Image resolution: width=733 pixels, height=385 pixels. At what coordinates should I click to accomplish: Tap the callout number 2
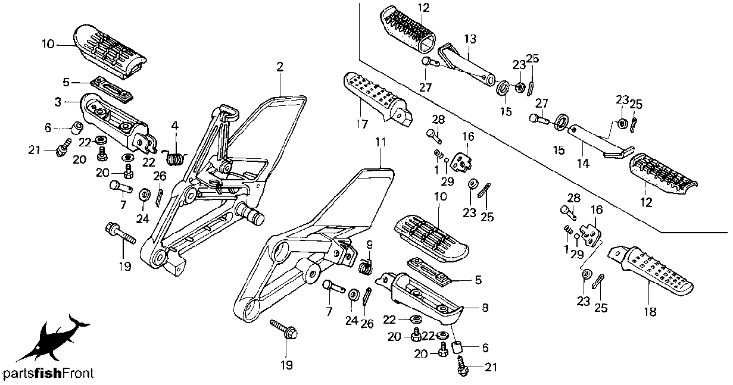(280, 66)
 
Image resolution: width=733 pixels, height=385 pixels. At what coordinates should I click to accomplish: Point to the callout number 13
(470, 39)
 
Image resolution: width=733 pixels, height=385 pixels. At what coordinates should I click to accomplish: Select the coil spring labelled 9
(367, 265)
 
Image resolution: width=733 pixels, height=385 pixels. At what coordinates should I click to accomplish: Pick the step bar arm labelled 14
(595, 139)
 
